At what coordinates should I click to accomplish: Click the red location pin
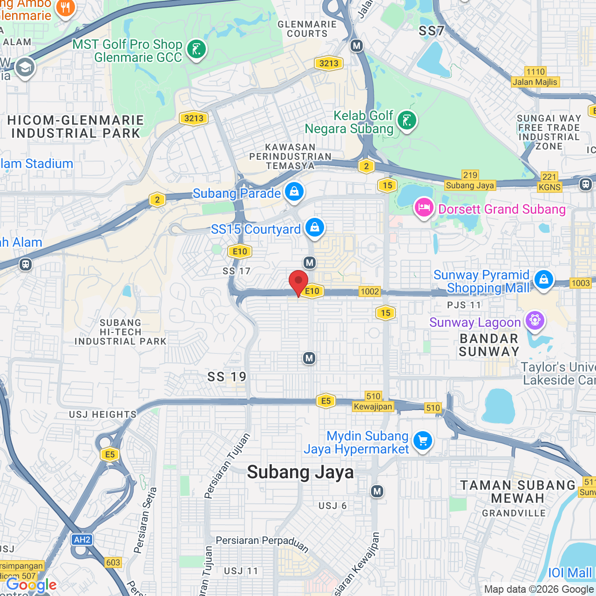[x=298, y=282]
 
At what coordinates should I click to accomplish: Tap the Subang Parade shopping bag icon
[x=294, y=191]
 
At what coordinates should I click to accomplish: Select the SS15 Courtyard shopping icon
[x=315, y=228]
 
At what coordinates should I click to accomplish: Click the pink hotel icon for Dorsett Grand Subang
[x=424, y=208]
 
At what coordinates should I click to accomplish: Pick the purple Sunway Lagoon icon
[x=535, y=320]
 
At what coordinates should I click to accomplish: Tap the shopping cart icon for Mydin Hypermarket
[x=423, y=440]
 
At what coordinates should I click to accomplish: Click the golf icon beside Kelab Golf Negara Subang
[x=406, y=121]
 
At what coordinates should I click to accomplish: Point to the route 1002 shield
[x=370, y=291]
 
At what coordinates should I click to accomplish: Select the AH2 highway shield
[x=82, y=540]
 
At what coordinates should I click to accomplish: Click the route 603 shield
[x=113, y=562]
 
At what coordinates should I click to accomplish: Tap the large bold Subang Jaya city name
[x=300, y=472]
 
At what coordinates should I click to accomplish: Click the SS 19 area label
[x=227, y=377]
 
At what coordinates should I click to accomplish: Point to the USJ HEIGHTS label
[x=103, y=414]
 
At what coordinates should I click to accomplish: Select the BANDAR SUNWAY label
[x=489, y=345]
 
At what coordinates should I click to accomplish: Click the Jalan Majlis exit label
[x=535, y=82]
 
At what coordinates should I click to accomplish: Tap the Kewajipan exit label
[x=373, y=406]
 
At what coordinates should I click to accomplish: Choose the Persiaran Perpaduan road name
[x=262, y=542]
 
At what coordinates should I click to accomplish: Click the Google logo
[x=32, y=585]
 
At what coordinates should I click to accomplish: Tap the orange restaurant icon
[x=65, y=8]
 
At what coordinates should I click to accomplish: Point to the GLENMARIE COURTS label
[x=307, y=29]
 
